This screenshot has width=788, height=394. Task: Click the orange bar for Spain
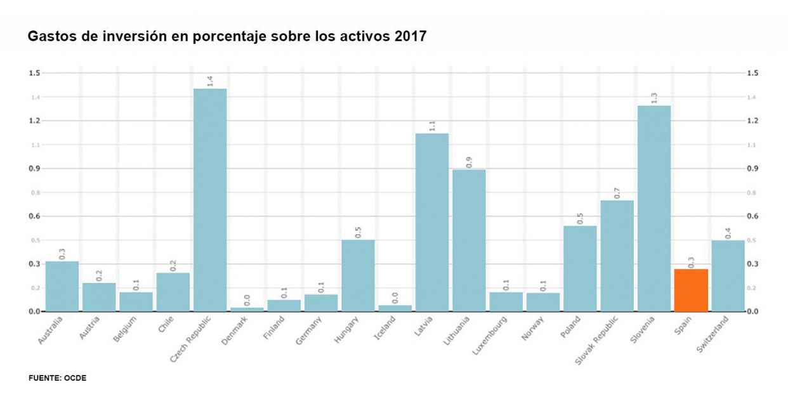(691, 291)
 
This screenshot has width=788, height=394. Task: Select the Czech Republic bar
(209, 200)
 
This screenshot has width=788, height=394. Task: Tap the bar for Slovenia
(654, 208)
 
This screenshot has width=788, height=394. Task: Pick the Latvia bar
(431, 222)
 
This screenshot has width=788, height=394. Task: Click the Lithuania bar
(469, 240)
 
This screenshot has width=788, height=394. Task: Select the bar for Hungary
(358, 275)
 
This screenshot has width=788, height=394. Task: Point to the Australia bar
(62, 286)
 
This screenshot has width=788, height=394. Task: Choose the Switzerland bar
(728, 276)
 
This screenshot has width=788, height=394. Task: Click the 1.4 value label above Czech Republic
(210, 81)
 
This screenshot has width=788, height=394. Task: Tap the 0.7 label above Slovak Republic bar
(617, 193)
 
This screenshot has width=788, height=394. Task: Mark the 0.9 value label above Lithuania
(469, 162)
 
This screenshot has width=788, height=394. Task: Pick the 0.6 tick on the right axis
(753, 216)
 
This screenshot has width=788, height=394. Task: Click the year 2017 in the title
(410, 37)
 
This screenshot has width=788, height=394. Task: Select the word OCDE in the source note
(75, 378)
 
